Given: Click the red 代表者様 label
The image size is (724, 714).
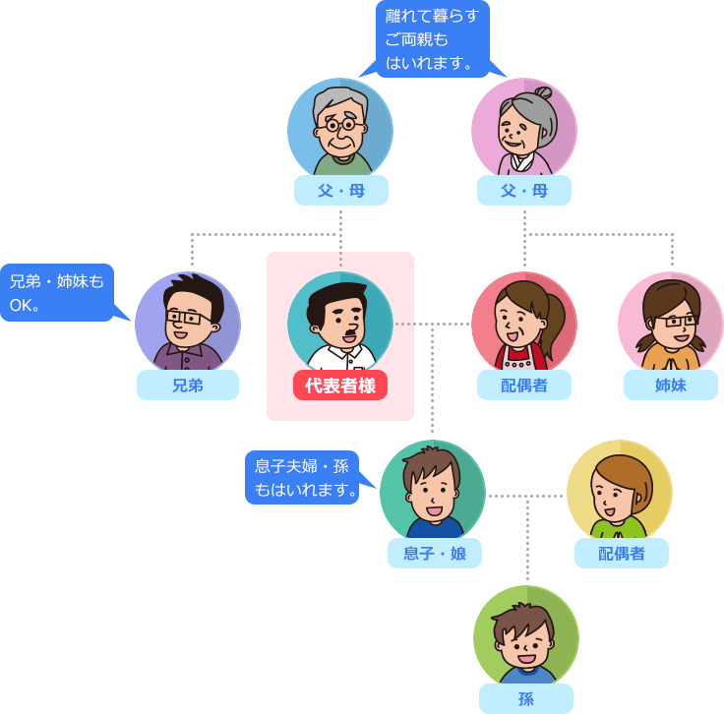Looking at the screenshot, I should point(340,386).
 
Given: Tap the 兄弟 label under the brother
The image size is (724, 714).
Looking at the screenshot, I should point(187,386).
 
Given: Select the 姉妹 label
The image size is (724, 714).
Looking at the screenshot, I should point(671,386).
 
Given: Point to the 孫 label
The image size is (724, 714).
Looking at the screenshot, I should point(525,699).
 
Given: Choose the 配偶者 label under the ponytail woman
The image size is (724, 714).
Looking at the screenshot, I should point(524,386).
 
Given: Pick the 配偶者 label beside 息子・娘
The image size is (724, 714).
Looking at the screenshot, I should point(622,554).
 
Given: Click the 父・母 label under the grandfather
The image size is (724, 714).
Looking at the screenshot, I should point(340,191).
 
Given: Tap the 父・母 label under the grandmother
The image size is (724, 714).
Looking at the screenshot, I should point(524,191).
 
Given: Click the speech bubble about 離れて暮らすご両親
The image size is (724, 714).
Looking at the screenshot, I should point(432,39).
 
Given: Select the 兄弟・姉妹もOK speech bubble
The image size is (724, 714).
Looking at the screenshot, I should point(56,293).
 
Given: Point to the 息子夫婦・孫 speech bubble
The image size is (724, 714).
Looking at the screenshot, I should point(303,477).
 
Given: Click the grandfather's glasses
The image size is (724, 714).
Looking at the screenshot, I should point(339,125).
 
